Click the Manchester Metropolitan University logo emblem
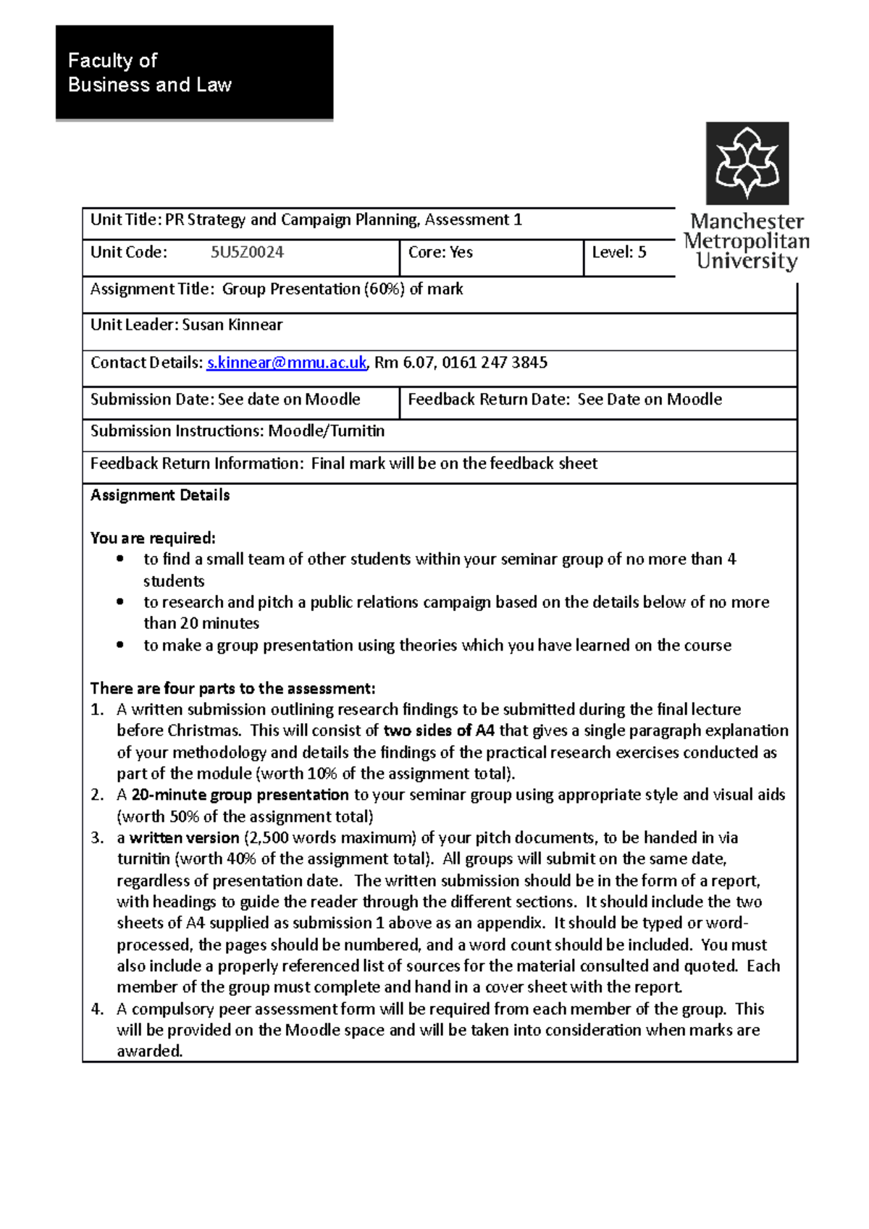tap(747, 164)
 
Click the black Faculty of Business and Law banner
tap(194, 72)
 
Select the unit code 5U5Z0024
tap(247, 253)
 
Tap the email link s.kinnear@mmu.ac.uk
tap(287, 363)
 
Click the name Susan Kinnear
tap(232, 325)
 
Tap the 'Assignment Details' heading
tap(160, 495)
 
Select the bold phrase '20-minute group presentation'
tap(240, 795)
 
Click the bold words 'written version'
tap(184, 837)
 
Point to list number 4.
tap(97, 1009)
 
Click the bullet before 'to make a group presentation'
tap(121, 645)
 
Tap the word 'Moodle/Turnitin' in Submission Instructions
tap(327, 431)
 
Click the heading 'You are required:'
tap(153, 538)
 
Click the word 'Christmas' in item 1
tap(203, 730)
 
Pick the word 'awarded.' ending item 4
tap(150, 1051)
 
